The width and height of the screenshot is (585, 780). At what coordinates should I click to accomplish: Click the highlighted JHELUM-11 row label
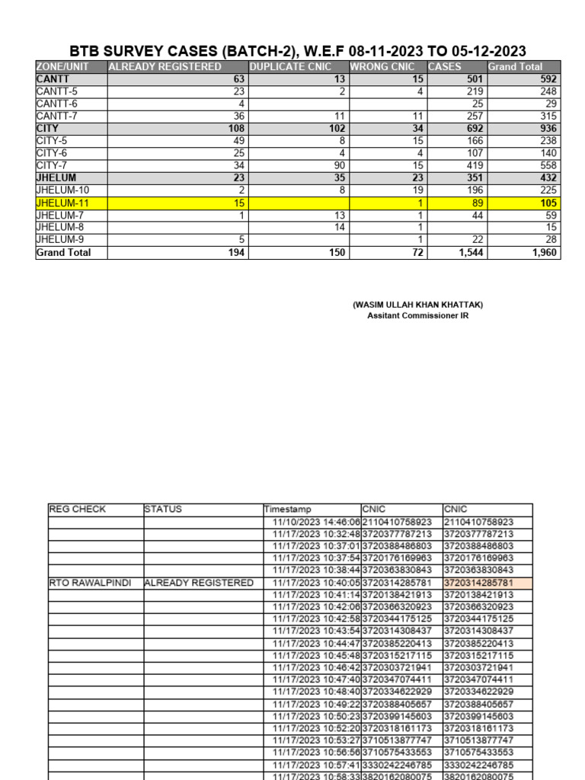pyautogui.click(x=60, y=203)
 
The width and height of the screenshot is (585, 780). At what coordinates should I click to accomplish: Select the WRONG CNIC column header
pyautogui.click(x=382, y=67)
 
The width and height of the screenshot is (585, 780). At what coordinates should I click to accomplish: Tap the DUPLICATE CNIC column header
pyautogui.click(x=290, y=67)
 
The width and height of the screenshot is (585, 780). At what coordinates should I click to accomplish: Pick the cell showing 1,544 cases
pyautogui.click(x=468, y=253)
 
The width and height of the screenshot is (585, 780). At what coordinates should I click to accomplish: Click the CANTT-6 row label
pyautogui.click(x=56, y=104)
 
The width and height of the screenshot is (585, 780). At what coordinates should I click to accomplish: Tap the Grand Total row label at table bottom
pyautogui.click(x=63, y=253)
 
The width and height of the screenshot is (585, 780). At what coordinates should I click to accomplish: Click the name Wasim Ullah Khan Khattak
pyautogui.click(x=417, y=305)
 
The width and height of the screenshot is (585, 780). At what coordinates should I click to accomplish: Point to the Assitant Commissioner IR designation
pyautogui.click(x=417, y=316)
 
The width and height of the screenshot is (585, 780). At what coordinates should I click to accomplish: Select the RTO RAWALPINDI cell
pyautogui.click(x=89, y=583)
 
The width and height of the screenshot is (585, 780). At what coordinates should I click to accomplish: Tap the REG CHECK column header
pyautogui.click(x=77, y=509)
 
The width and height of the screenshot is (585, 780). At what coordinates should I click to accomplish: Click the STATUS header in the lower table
pyautogui.click(x=163, y=509)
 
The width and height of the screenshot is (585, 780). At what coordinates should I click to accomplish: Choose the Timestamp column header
pyautogui.click(x=287, y=510)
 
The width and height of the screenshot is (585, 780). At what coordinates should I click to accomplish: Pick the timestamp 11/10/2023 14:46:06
pyautogui.click(x=315, y=522)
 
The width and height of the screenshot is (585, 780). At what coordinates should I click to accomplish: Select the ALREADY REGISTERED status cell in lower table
pyautogui.click(x=199, y=583)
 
